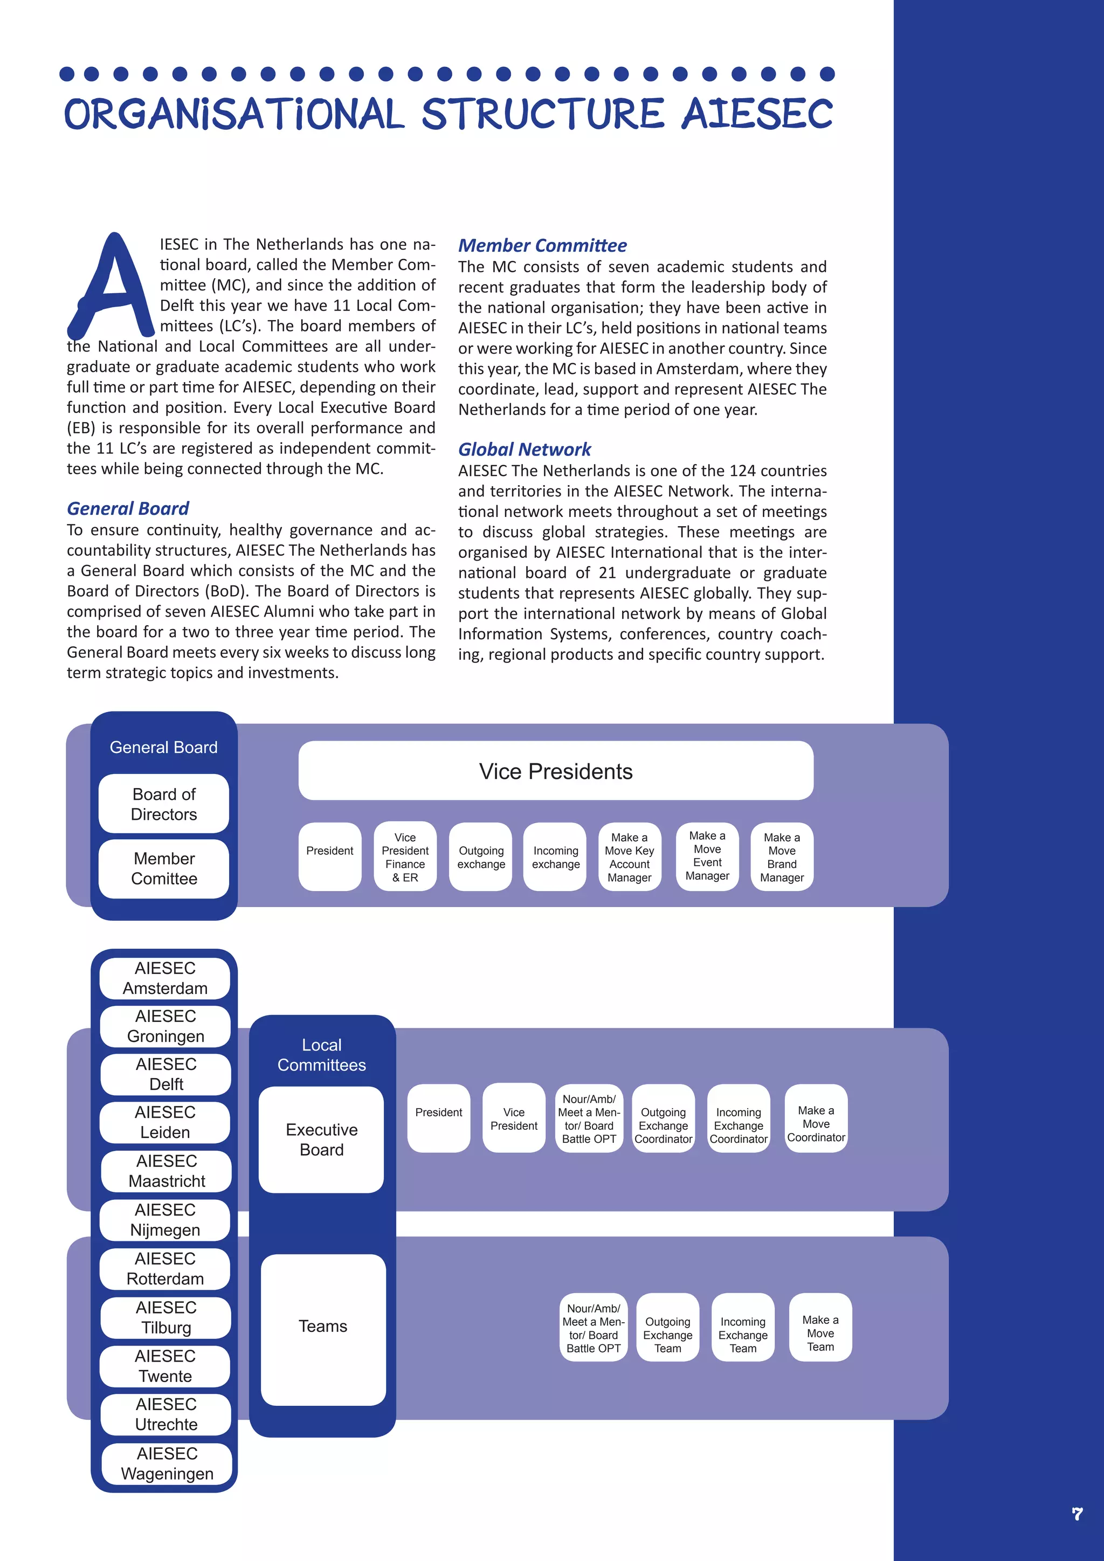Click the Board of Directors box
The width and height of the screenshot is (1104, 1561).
tap(164, 804)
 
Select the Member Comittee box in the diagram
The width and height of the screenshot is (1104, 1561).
tap(164, 868)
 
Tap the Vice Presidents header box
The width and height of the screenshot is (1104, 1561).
tap(555, 771)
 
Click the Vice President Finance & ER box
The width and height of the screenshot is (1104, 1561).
tap(405, 857)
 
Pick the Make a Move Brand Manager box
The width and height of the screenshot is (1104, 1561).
tap(782, 857)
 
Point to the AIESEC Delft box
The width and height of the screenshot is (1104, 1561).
tap(166, 1074)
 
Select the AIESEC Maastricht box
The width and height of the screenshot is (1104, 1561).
tap(167, 1171)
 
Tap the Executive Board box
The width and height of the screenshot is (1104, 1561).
tap(321, 1139)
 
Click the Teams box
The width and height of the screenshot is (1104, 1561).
tap(323, 1327)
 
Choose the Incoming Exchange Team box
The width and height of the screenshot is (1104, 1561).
tap(743, 1335)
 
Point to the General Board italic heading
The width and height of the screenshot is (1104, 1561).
tap(128, 508)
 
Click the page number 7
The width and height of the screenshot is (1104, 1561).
tap(1077, 1514)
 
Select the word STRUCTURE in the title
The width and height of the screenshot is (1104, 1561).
tap(542, 114)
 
